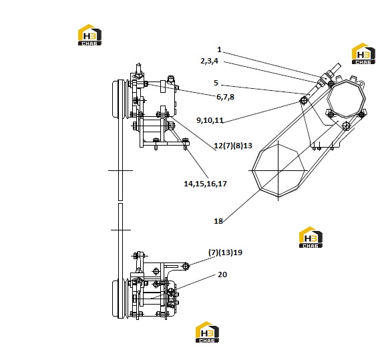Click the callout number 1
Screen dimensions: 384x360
pyautogui.click(x=219, y=49)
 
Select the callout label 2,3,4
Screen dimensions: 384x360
pyautogui.click(x=210, y=61)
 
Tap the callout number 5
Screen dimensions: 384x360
pyautogui.click(x=216, y=83)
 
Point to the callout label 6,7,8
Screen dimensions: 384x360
pyautogui.click(x=225, y=97)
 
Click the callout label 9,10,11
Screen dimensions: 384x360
pyautogui.click(x=210, y=120)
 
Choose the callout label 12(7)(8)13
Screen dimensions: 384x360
pyautogui.click(x=233, y=146)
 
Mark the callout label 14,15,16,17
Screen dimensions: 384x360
pyautogui.click(x=205, y=184)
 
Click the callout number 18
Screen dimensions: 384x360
pyautogui.click(x=218, y=221)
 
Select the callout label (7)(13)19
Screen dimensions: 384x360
pyautogui.click(x=225, y=252)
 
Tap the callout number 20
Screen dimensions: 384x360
pyautogui.click(x=222, y=275)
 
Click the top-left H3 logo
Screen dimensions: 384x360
pyautogui.click(x=89, y=35)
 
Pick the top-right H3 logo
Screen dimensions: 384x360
pyautogui.click(x=363, y=53)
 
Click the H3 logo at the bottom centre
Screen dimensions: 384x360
pyautogui.click(x=207, y=332)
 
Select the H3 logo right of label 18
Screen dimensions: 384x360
pyautogui.click(x=311, y=237)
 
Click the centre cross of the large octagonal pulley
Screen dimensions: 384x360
pyautogui.click(x=278, y=170)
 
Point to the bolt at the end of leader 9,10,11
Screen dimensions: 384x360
pyautogui.click(x=304, y=100)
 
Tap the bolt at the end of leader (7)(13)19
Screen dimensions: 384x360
pyautogui.click(x=186, y=266)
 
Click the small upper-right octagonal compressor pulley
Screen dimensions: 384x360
pyautogui.click(x=346, y=98)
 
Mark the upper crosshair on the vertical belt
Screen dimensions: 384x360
pyautogui.click(x=120, y=170)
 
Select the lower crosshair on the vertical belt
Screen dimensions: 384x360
pyautogui.click(x=120, y=230)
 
